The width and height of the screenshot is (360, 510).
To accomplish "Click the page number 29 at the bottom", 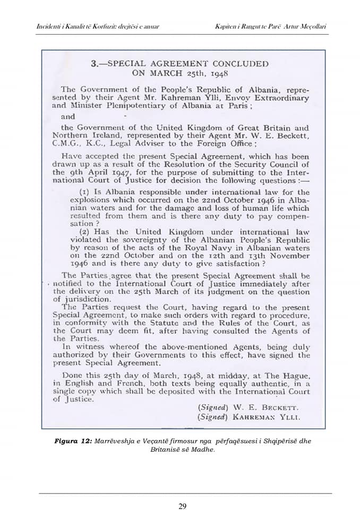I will coord(182,506).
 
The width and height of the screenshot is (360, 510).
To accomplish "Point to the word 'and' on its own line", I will coord(68,116).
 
